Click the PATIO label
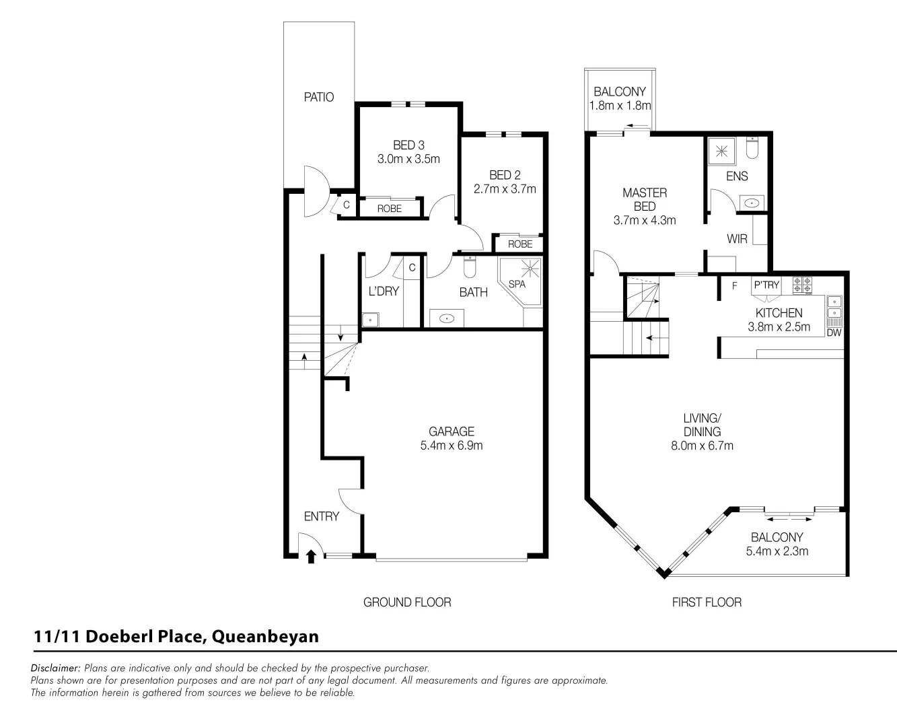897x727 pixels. click(319, 97)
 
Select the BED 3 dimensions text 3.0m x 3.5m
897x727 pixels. click(408, 160)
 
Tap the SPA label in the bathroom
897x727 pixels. click(517, 284)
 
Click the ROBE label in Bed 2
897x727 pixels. click(520, 244)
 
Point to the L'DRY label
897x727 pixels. click(384, 291)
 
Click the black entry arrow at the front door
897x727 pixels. click(311, 556)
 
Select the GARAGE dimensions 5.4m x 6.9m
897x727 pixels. click(452, 446)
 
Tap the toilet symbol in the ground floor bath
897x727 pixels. click(470, 268)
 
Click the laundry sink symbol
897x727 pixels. click(370, 320)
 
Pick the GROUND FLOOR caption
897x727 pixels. click(407, 602)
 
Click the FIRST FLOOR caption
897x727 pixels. click(707, 602)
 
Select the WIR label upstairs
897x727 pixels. click(737, 239)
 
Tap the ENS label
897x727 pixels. click(737, 176)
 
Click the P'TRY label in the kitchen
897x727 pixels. click(766, 285)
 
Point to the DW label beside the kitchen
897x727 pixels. click(834, 333)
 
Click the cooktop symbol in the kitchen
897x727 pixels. click(802, 285)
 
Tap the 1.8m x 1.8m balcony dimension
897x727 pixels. click(620, 106)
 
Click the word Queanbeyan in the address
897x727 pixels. click(265, 636)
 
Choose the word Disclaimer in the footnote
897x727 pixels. click(56, 668)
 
